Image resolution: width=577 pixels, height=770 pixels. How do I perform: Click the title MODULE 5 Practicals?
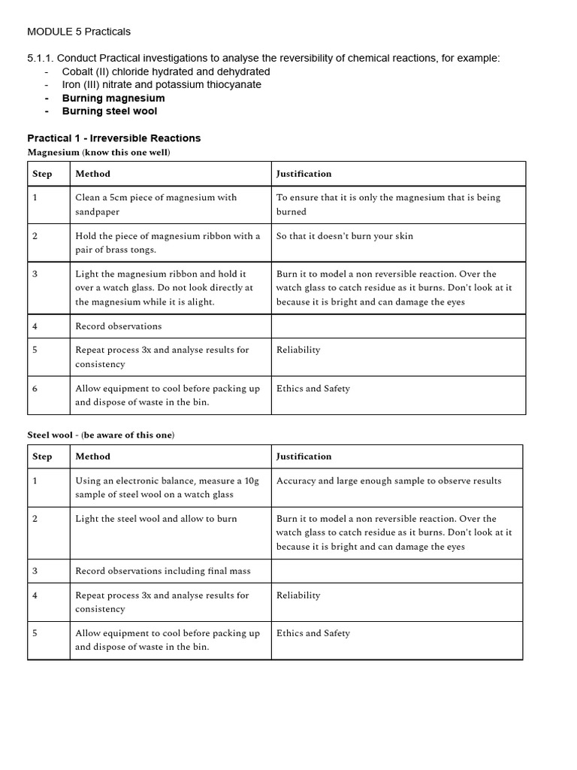pos(78,32)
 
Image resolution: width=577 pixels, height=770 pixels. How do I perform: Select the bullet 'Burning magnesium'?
pos(113,98)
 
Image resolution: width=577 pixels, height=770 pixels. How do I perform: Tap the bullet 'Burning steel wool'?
pos(110,111)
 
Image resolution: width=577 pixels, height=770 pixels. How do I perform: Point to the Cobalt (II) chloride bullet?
pos(166,71)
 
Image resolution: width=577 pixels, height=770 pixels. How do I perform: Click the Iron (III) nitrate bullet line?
pos(162,84)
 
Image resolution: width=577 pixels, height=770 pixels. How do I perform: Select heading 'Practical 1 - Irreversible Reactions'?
pos(113,138)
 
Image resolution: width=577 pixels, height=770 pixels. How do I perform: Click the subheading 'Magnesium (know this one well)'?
pos(98,153)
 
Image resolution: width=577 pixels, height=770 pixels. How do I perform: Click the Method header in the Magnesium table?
pos(92,174)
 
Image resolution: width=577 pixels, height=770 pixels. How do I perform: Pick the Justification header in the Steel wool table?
pos(304,456)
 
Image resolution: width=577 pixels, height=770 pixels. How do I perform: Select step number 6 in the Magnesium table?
pos(35,389)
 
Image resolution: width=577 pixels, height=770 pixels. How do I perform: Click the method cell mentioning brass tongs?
pos(168,242)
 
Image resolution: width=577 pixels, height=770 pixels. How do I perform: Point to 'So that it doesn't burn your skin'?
pos(344,236)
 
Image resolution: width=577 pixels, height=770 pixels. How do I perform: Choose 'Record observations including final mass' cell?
pos(163,571)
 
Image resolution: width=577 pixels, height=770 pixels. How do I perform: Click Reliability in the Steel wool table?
pos(298,595)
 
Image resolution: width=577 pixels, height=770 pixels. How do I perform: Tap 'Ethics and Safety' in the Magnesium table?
pos(313,389)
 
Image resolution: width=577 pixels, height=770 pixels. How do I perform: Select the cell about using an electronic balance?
pos(167,487)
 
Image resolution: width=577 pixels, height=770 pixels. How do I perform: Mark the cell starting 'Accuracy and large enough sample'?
pos(388,481)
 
